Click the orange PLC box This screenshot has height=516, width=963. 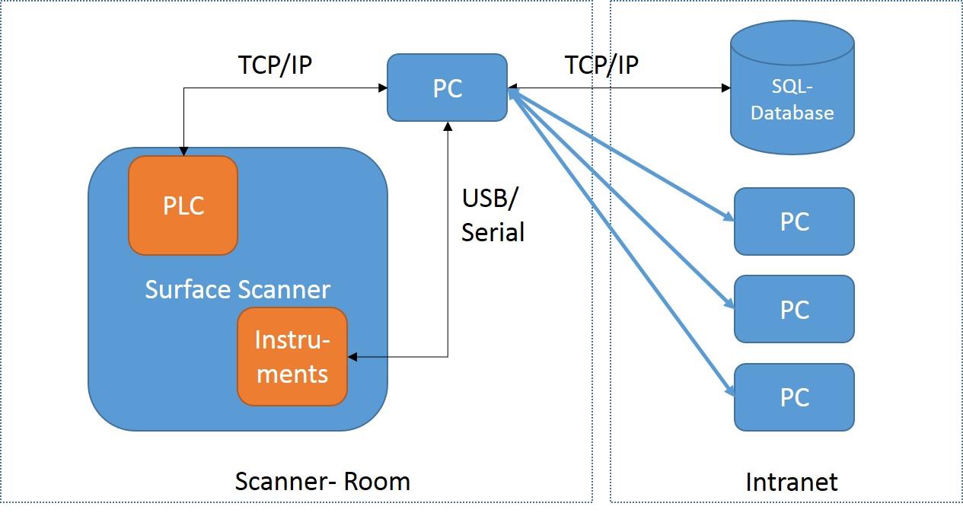[x=183, y=205]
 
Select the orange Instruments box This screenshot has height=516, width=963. [x=292, y=356]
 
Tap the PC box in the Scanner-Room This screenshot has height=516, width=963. [x=447, y=88]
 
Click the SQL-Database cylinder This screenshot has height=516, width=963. [x=792, y=88]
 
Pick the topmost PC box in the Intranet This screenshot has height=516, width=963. [x=794, y=221]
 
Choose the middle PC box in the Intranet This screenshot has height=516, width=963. [x=794, y=309]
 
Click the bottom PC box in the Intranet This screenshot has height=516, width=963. [x=794, y=397]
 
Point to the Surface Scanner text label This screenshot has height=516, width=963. [x=238, y=289]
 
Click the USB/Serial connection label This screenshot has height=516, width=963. [x=493, y=215]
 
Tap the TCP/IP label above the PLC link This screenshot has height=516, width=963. [x=276, y=65]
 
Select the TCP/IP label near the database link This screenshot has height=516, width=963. [x=601, y=65]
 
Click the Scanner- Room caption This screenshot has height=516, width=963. [x=322, y=481]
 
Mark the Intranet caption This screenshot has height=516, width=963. [x=792, y=482]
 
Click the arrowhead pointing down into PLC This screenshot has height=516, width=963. [x=183, y=151]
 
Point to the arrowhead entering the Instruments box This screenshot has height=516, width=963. [x=352, y=356]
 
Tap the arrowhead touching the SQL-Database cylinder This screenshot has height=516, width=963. [x=725, y=88]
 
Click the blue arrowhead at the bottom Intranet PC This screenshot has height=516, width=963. [x=729, y=391]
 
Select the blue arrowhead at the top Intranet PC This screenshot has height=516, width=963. [x=729, y=217]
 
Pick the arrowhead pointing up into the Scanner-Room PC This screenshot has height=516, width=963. [x=448, y=126]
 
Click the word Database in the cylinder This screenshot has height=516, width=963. [x=792, y=113]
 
